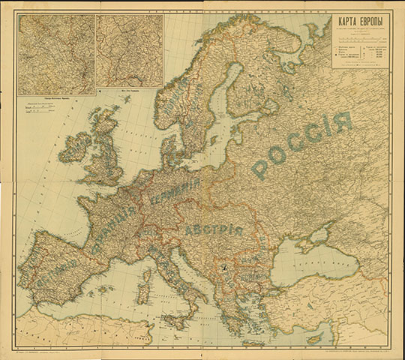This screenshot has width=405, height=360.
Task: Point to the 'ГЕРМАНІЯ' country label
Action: pyautogui.click(x=175, y=194)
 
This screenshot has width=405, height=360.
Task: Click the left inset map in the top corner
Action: pyautogui.click(x=56, y=52)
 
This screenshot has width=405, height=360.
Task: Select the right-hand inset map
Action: pyautogui.click(x=130, y=50)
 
